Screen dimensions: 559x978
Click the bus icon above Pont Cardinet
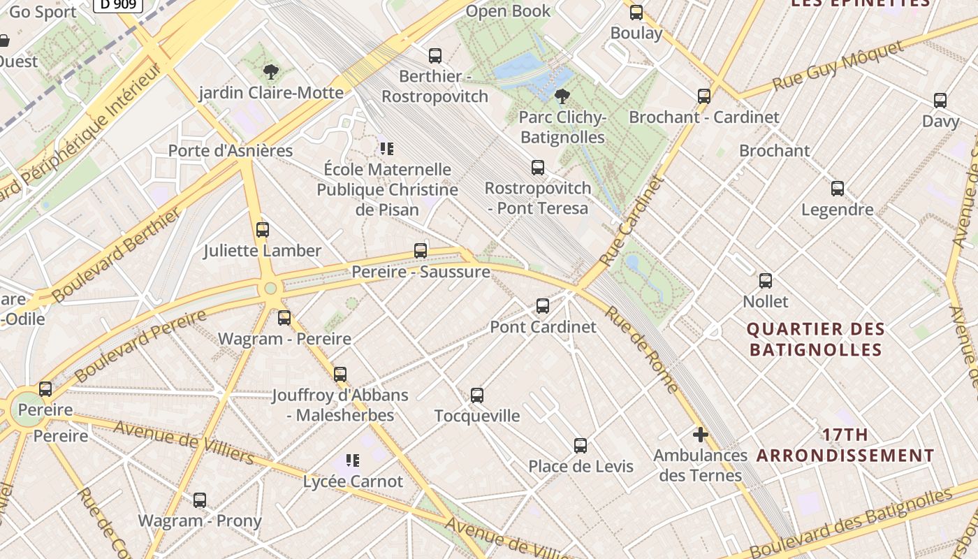pos(543,306)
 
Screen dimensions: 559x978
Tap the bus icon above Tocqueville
pos(477,395)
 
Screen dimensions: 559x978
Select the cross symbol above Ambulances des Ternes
pos(701,435)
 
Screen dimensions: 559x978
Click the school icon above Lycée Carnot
pos(353,460)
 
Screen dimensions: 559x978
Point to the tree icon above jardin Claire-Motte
pos(271,71)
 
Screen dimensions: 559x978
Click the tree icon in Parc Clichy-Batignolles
pos(562,96)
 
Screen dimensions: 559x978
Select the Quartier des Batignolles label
pos(816,339)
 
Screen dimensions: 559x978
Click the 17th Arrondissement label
pos(845,445)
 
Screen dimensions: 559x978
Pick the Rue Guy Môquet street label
pos(838,66)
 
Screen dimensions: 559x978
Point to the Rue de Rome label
pos(641,349)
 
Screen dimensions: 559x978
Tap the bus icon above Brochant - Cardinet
pos(704,96)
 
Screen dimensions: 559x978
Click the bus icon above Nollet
pos(766,281)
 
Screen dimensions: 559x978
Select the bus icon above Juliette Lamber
pos(263,230)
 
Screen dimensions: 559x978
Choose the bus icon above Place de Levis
pos(581,446)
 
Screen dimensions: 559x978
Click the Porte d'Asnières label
pos(231,150)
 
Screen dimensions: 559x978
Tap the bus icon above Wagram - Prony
pos(200,500)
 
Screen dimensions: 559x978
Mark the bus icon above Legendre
pos(838,189)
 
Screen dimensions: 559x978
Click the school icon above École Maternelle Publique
pos(387,148)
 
